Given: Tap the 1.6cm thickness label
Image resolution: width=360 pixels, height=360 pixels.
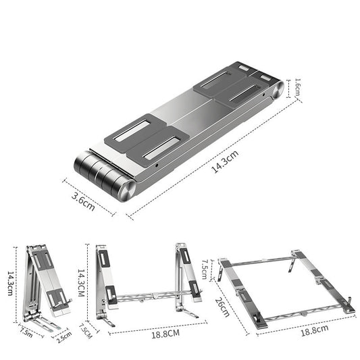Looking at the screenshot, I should (298, 87).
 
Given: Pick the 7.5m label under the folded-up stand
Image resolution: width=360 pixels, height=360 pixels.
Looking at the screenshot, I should (27, 331).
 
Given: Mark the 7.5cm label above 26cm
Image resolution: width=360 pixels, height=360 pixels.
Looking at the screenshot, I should (206, 267).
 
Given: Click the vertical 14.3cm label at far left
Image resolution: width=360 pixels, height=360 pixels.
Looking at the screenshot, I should (9, 283).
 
